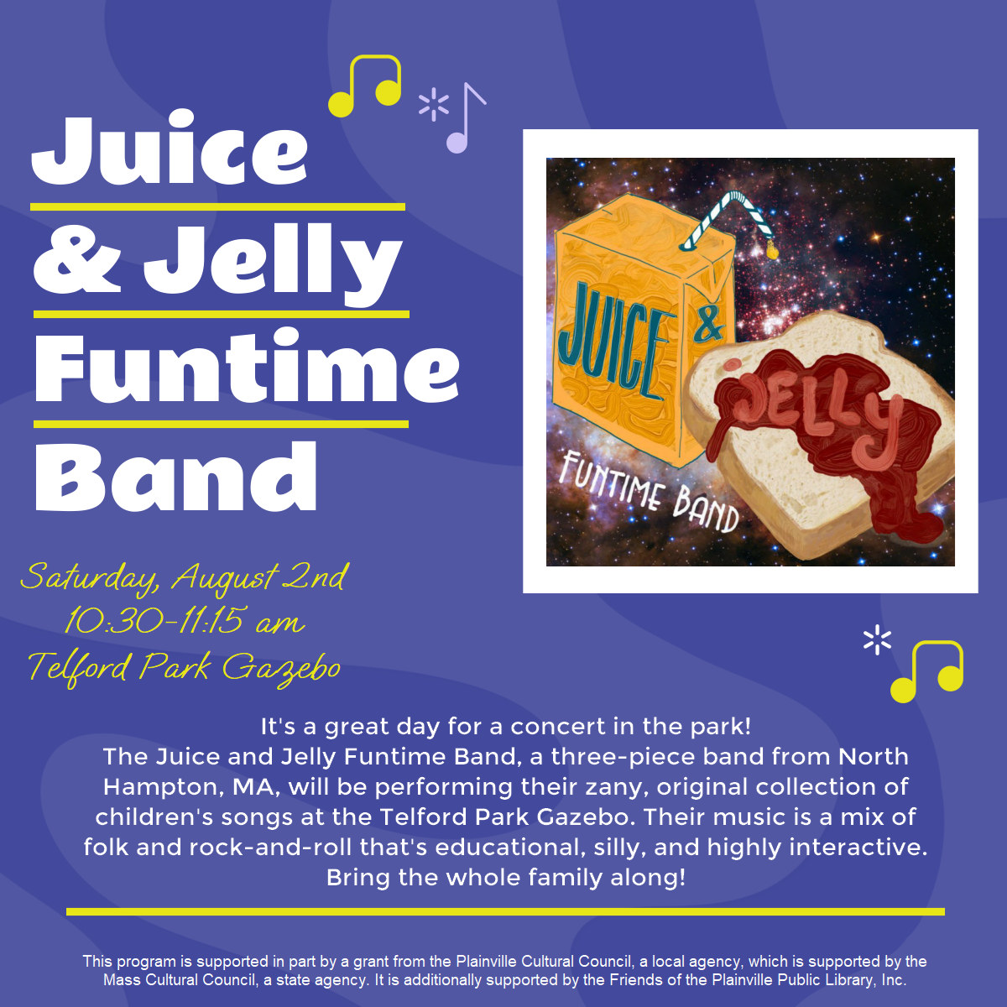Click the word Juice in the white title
pyautogui.click(x=170, y=148)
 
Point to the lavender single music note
pyautogui.click(x=466, y=118)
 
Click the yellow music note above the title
pyautogui.click(x=365, y=86)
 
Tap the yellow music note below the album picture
pyautogui.click(x=926, y=671)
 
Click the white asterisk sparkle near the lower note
pyautogui.click(x=878, y=640)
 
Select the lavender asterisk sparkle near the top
pyautogui.click(x=434, y=105)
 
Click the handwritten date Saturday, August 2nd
pyautogui.click(x=184, y=578)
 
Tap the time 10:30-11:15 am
pyautogui.click(x=184, y=621)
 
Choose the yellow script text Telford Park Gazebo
pyautogui.click(x=184, y=668)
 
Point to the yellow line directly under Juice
pyautogui.click(x=218, y=207)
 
